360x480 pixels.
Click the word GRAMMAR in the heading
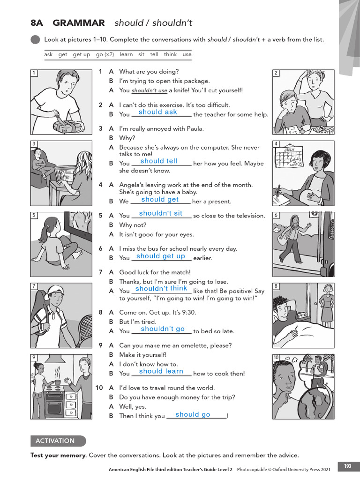[x=79, y=23]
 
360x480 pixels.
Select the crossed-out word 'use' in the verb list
[x=187, y=54]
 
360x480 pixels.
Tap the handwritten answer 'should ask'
[x=157, y=112]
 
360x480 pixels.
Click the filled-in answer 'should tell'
[x=159, y=161]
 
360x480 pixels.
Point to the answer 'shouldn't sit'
[x=160, y=214]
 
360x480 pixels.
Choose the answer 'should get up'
[x=160, y=256]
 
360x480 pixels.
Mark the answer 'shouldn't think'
[x=161, y=289]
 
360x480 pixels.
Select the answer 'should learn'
[x=161, y=371]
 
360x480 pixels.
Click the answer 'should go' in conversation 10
[x=193, y=415]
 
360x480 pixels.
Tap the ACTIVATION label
[x=55, y=441]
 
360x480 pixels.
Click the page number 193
[x=347, y=466]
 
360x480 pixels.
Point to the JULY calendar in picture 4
[x=289, y=157]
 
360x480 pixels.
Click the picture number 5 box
[x=34, y=215]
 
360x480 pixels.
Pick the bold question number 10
[x=99, y=388]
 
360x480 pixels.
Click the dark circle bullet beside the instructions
[x=35, y=39]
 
